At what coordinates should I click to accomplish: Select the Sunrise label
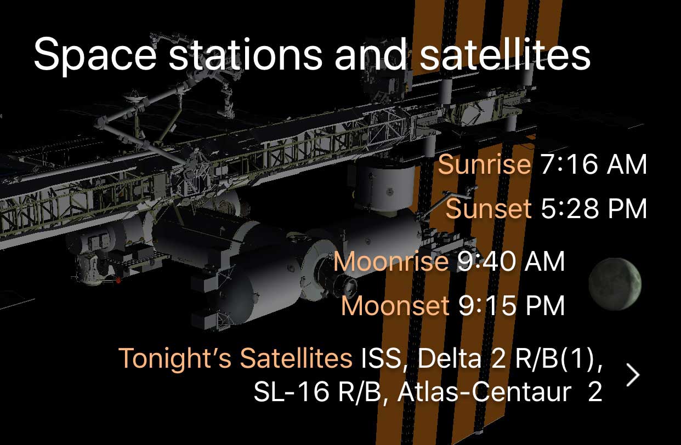pyautogui.click(x=484, y=164)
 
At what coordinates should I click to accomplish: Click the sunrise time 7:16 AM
pyautogui.click(x=593, y=164)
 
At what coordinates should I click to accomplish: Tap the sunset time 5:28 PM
pyautogui.click(x=594, y=209)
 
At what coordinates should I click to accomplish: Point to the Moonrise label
pyautogui.click(x=391, y=261)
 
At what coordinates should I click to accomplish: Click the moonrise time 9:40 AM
pyautogui.click(x=511, y=261)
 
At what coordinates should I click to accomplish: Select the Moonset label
pyautogui.click(x=395, y=305)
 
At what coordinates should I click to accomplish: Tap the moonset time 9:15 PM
pyautogui.click(x=512, y=305)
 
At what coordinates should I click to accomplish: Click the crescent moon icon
pyautogui.click(x=615, y=284)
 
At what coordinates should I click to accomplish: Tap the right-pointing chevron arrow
pyautogui.click(x=633, y=375)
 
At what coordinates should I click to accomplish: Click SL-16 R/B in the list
pyautogui.click(x=317, y=392)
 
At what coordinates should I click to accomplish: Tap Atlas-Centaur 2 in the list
pyautogui.click(x=500, y=392)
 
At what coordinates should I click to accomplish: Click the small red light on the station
pyautogui.click(x=118, y=280)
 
